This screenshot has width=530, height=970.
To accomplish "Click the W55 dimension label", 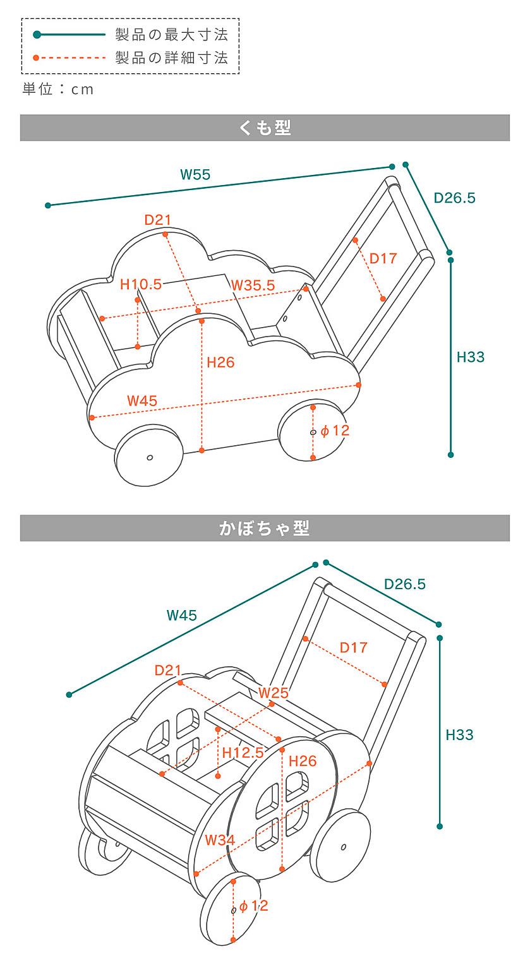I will (195, 175).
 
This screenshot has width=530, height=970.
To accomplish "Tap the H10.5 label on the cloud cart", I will (141, 285).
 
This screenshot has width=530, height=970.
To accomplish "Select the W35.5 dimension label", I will (253, 285).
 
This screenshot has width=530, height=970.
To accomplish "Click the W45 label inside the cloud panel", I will (142, 400).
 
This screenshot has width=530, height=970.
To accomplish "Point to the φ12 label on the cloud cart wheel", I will (335, 431).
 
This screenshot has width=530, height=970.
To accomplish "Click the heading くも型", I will (265, 128).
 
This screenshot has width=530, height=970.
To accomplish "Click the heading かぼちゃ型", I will (265, 528).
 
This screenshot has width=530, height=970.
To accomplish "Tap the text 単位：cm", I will (58, 90).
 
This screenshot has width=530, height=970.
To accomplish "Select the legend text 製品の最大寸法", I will (171, 34).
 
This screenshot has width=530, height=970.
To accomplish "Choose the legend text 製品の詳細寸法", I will (171, 58).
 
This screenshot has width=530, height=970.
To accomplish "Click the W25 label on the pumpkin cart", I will (274, 692).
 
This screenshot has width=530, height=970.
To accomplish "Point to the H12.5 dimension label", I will (243, 753).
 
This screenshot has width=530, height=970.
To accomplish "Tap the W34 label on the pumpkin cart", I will (220, 840).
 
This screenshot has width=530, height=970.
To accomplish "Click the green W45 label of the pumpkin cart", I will (182, 615).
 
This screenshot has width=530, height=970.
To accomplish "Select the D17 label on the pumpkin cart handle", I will (353, 647).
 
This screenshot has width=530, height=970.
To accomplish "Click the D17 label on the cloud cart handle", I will (383, 258).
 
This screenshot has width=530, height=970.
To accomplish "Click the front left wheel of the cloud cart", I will (148, 455).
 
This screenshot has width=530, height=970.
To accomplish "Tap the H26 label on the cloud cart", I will (220, 362).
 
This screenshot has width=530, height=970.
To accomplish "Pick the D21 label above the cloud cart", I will (158, 220).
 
